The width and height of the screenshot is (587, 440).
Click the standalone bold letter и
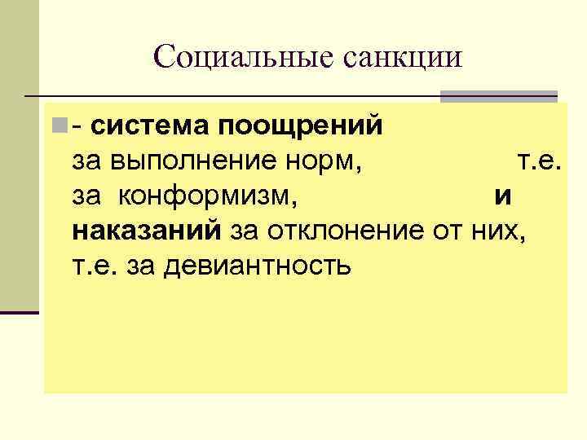click(502, 196)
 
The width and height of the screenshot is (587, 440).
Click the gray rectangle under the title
click(498, 96)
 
